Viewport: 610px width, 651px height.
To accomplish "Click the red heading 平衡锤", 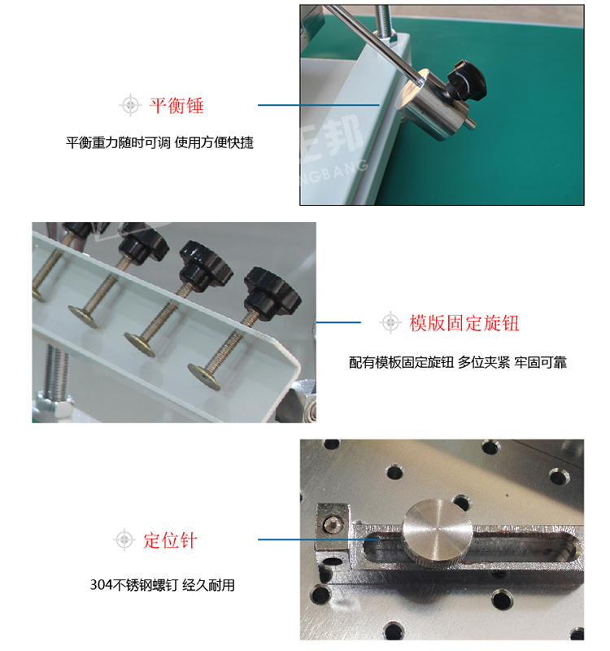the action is pyautogui.click(x=176, y=106).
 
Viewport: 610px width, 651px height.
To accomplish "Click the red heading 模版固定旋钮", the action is pyautogui.click(x=464, y=322).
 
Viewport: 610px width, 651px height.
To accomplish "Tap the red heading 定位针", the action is pyautogui.click(x=170, y=540).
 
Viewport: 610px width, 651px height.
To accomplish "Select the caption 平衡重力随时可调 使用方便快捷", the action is pyautogui.click(x=159, y=142).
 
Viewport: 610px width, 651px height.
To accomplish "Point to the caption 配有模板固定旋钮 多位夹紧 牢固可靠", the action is pyautogui.click(x=458, y=362).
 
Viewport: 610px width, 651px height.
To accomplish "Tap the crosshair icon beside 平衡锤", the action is pyautogui.click(x=130, y=105).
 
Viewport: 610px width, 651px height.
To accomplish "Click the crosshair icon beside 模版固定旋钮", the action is pyautogui.click(x=390, y=322).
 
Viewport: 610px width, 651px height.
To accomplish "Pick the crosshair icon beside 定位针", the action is pyautogui.click(x=124, y=540).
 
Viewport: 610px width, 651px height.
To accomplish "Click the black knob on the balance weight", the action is pyautogui.click(x=468, y=81).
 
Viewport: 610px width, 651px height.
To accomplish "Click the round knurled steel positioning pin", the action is pyautogui.click(x=438, y=532).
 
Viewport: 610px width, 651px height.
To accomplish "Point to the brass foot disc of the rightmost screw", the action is pyautogui.click(x=204, y=377).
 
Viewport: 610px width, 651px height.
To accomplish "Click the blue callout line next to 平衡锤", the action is pyautogui.click(x=319, y=105).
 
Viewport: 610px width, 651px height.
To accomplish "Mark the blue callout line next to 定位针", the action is pyautogui.click(x=319, y=540).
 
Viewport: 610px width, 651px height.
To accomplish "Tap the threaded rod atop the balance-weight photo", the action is pyautogui.click(x=383, y=21).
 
